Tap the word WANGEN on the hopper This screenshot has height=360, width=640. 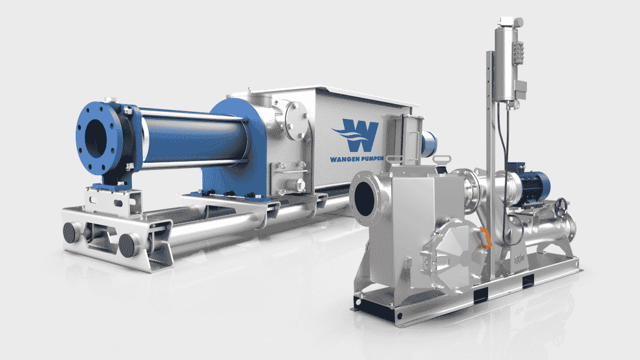click(343, 159)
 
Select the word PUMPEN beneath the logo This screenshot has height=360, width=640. click(370, 158)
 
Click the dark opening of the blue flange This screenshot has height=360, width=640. click(96, 138)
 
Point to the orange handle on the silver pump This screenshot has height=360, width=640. click(485, 238)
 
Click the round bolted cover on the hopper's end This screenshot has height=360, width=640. click(296, 120)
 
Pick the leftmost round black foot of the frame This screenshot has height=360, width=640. click(71, 233)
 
